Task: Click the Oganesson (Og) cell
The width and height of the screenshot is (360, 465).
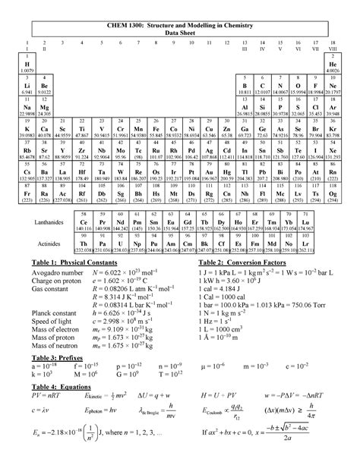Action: pos(333,197)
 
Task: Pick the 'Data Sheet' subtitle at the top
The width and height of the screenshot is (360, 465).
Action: pos(180,33)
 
